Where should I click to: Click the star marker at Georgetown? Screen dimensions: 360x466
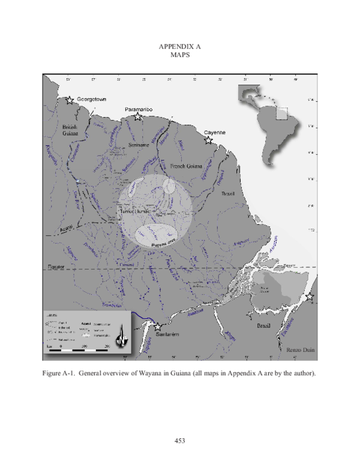70,100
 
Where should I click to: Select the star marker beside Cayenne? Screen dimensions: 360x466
208,140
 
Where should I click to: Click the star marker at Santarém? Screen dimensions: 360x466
158,327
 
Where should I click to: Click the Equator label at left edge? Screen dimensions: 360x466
55,267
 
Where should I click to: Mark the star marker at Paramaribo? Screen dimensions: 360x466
137,116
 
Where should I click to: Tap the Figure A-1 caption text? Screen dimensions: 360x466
179,374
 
